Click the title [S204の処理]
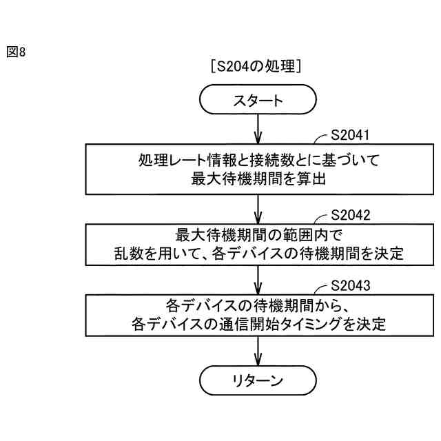click(257, 66)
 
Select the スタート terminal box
click(257, 101)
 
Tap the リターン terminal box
click(257, 380)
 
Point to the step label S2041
click(351, 136)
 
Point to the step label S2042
click(351, 214)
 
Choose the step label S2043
click(351, 285)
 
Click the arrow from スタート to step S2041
click(257, 130)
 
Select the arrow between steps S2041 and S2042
click(257, 208)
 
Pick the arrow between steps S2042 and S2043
click(257, 280)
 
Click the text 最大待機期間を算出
click(257, 178)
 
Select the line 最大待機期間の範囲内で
click(257, 234)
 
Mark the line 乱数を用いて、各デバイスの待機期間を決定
click(257, 253)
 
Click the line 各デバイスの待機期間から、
click(257, 305)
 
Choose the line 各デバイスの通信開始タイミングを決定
click(257, 323)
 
